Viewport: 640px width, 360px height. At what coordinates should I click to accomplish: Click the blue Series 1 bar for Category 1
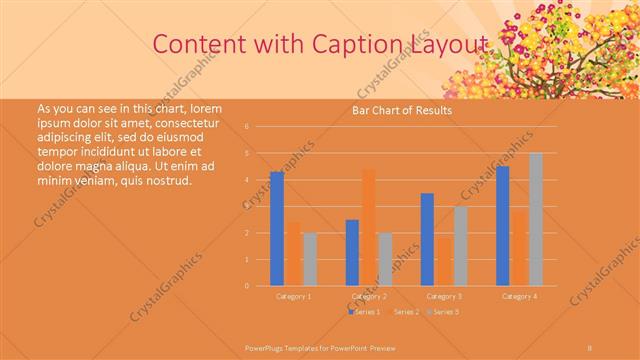[277, 229]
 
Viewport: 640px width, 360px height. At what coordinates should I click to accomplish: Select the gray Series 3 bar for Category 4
[536, 219]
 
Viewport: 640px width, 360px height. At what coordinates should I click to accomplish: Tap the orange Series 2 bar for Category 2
[368, 227]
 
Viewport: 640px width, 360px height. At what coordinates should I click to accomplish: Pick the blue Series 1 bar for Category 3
[427, 239]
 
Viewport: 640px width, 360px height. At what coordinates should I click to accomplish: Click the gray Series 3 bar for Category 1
[310, 259]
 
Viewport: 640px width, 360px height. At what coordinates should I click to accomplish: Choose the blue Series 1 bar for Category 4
[502, 226]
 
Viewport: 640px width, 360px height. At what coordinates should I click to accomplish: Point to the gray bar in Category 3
[460, 246]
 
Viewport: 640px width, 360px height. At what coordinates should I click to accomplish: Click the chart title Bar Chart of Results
[402, 110]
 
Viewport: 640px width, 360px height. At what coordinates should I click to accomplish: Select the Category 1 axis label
[293, 297]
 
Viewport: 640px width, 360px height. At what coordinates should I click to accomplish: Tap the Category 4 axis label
[519, 297]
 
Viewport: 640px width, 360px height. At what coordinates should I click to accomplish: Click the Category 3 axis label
[444, 297]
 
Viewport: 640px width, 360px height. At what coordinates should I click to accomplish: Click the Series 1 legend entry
[365, 313]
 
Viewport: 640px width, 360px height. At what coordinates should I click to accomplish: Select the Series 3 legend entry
[444, 313]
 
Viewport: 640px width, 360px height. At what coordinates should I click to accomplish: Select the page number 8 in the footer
[590, 347]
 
